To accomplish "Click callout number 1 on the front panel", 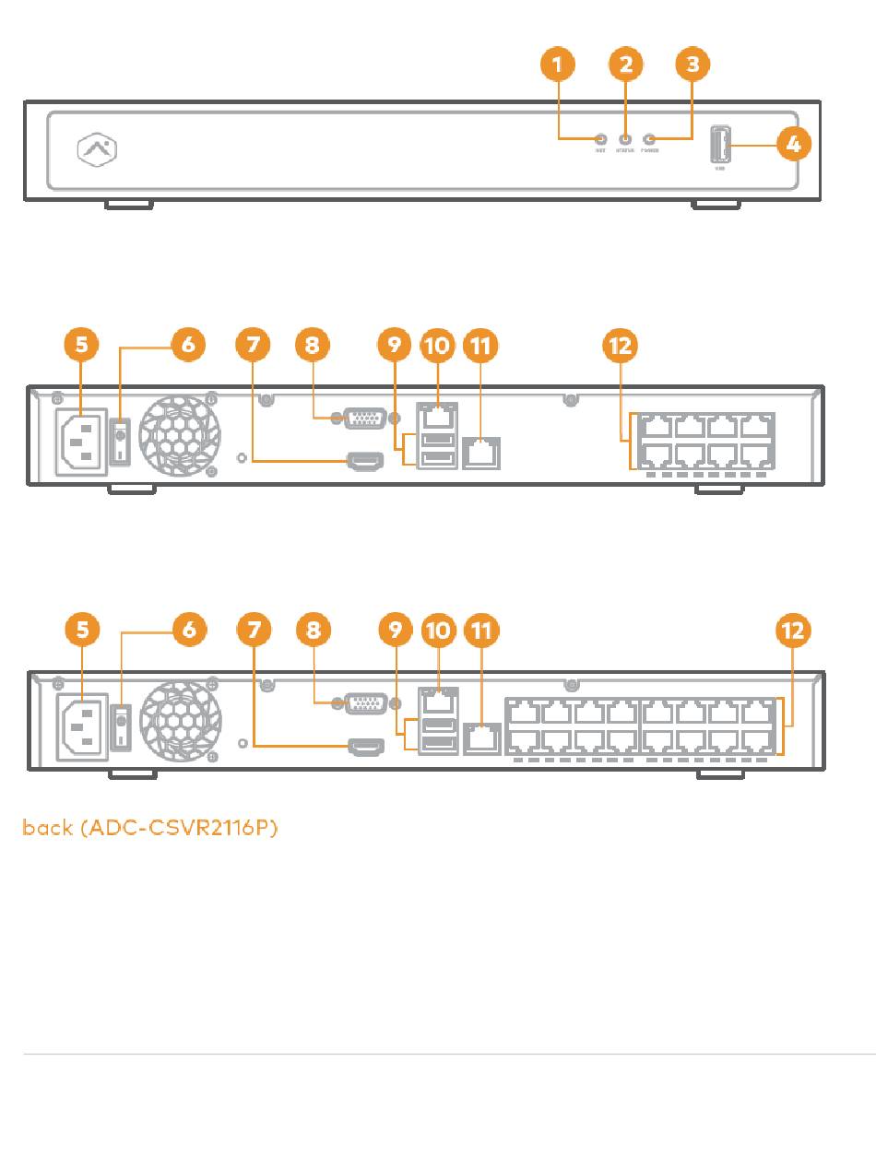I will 557,65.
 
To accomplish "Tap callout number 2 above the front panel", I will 625,65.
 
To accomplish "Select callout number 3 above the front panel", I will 693,65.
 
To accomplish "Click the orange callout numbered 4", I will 794,145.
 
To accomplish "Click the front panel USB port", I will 721,146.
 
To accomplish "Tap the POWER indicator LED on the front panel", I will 649,139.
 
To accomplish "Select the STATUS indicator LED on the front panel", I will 625,139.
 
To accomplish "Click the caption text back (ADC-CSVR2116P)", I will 150,827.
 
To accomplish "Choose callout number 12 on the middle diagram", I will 620,346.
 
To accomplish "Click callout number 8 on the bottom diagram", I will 313,631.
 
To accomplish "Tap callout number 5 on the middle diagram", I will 82,346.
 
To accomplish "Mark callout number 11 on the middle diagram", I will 480,346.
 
